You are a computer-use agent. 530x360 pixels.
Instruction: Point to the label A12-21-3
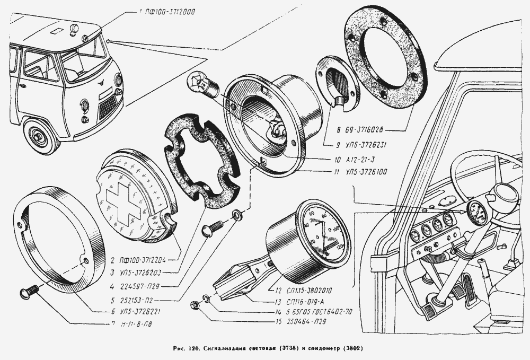point(353,159)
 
